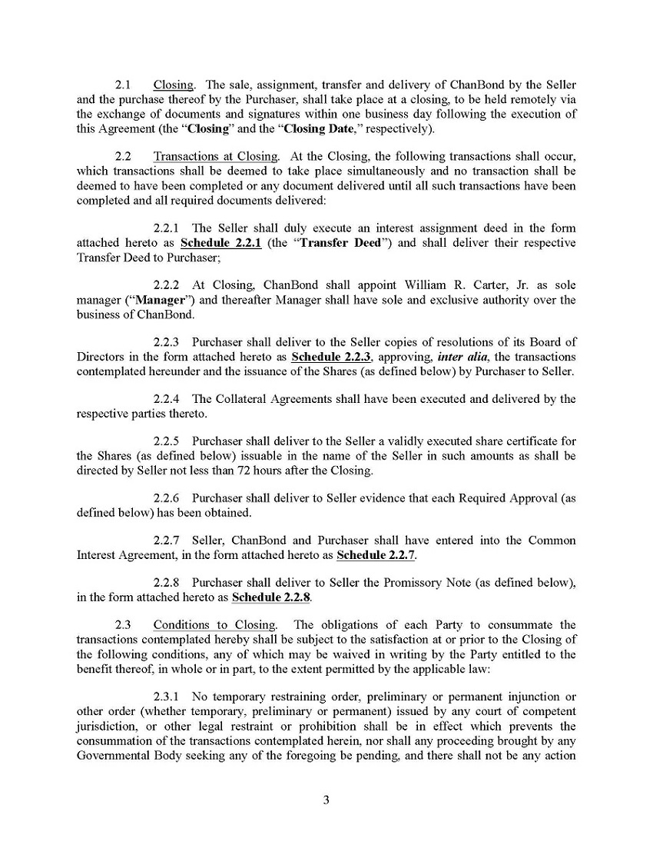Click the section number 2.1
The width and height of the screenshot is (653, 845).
[x=123, y=85]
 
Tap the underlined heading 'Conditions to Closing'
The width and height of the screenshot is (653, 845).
[x=214, y=624]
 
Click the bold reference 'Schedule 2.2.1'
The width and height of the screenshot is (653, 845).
[x=221, y=243]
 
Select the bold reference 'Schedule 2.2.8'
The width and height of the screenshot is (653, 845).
[x=271, y=597]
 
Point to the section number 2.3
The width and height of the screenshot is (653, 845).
[x=123, y=624]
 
